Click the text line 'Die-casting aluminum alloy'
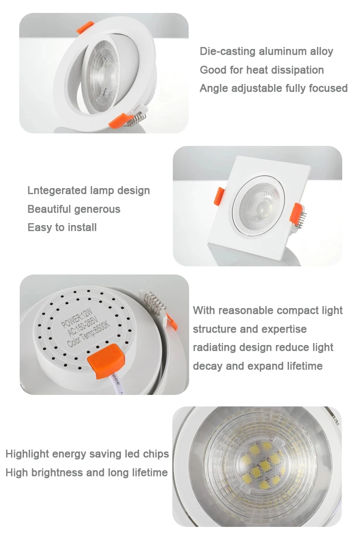tap(266, 51)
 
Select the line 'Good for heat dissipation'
tap(262, 70)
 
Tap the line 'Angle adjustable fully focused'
tap(273, 88)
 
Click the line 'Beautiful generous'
tap(74, 209)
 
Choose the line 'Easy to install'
tap(62, 227)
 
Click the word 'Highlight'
tap(27, 454)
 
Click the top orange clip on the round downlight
tap(85, 28)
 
